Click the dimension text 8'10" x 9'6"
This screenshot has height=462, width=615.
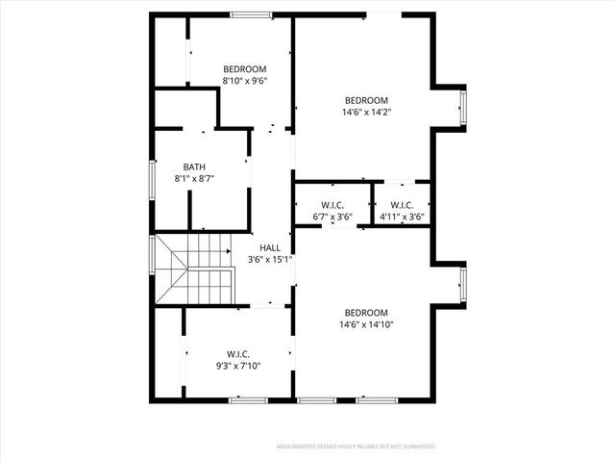pyautogui.click(x=244, y=82)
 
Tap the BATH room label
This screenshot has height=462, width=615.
pyautogui.click(x=194, y=167)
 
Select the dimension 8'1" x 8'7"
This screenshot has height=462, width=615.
pyautogui.click(x=194, y=179)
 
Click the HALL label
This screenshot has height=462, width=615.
pyautogui.click(x=270, y=247)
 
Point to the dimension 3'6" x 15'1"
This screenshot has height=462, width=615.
pyautogui.click(x=270, y=260)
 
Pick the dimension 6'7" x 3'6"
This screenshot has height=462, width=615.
pyautogui.click(x=332, y=218)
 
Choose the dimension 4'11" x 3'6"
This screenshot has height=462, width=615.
pyautogui.click(x=402, y=218)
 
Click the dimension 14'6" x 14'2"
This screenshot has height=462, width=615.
pyautogui.click(x=366, y=113)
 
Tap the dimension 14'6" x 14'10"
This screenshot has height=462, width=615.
pyautogui.click(x=366, y=324)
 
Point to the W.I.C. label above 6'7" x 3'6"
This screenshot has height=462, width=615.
pyautogui.click(x=332, y=205)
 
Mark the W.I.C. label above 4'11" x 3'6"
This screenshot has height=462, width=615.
pyautogui.click(x=402, y=205)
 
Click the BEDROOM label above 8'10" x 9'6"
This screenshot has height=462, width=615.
pyautogui.click(x=244, y=69)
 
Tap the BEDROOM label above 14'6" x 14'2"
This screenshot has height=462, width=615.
pyautogui.click(x=366, y=100)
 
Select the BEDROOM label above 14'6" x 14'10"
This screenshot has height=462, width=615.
pyautogui.click(x=366, y=312)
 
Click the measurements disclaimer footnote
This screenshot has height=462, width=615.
pyautogui.click(x=357, y=447)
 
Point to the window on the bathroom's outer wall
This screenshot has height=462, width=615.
pyautogui.click(x=151, y=179)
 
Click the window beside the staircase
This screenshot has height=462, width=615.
pyautogui.click(x=151, y=256)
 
